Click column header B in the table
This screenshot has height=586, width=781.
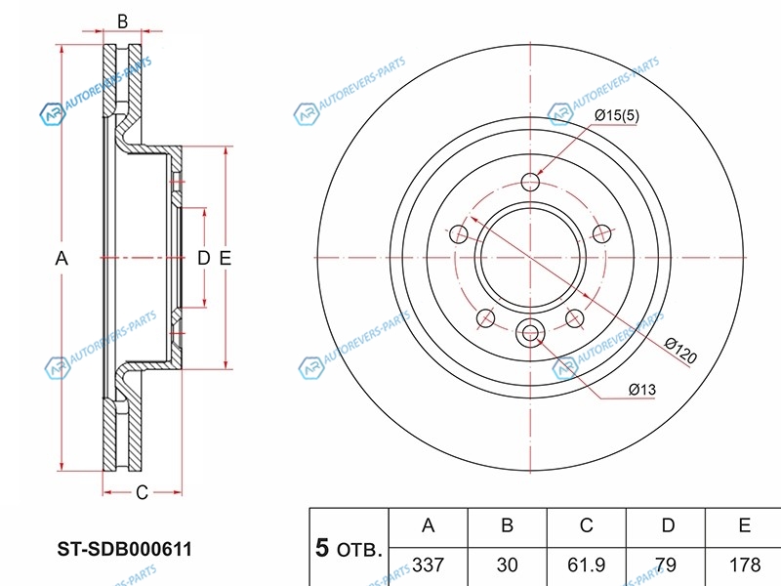coord(507,526)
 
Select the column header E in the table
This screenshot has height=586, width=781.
coord(744,526)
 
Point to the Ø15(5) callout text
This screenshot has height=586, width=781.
coord(618,116)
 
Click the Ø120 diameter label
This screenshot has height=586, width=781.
coord(679,350)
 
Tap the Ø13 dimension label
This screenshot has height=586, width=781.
coord(641,391)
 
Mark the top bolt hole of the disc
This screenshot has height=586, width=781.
coord(531,182)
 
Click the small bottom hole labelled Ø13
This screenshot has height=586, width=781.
coord(531,334)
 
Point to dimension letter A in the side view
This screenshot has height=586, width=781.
coord(61,259)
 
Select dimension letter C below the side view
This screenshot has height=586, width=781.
coord(142,493)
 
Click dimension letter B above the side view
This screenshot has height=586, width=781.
coord(122,21)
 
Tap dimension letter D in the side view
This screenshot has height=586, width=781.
coord(203,259)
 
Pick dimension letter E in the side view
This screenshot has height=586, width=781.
coord(225,259)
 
